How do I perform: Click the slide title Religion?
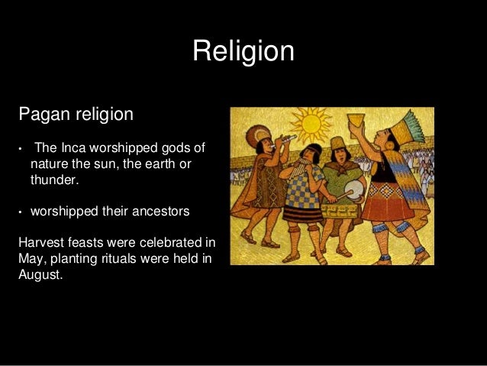click(x=243, y=51)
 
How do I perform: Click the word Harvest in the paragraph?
click(x=41, y=243)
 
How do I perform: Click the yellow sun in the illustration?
click(x=314, y=125)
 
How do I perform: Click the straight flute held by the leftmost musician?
click(x=284, y=140)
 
